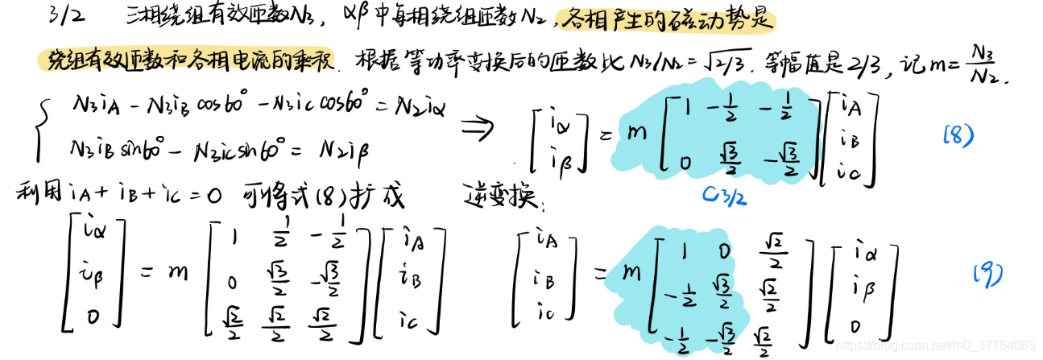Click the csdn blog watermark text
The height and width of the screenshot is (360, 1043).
934,346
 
